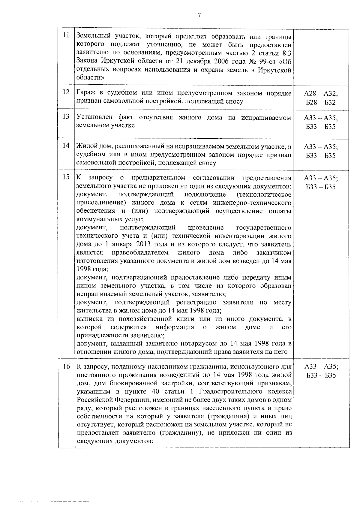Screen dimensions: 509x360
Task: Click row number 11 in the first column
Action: click(x=66, y=35)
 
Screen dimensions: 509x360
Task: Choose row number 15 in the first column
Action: click(x=66, y=177)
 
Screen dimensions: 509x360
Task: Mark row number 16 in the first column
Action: click(x=66, y=366)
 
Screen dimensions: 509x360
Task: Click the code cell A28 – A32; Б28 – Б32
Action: click(x=321, y=98)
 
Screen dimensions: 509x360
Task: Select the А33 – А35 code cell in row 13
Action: click(x=321, y=122)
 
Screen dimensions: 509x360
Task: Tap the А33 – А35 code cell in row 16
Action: click(x=321, y=371)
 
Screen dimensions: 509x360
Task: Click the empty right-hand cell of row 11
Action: click(x=321, y=57)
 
